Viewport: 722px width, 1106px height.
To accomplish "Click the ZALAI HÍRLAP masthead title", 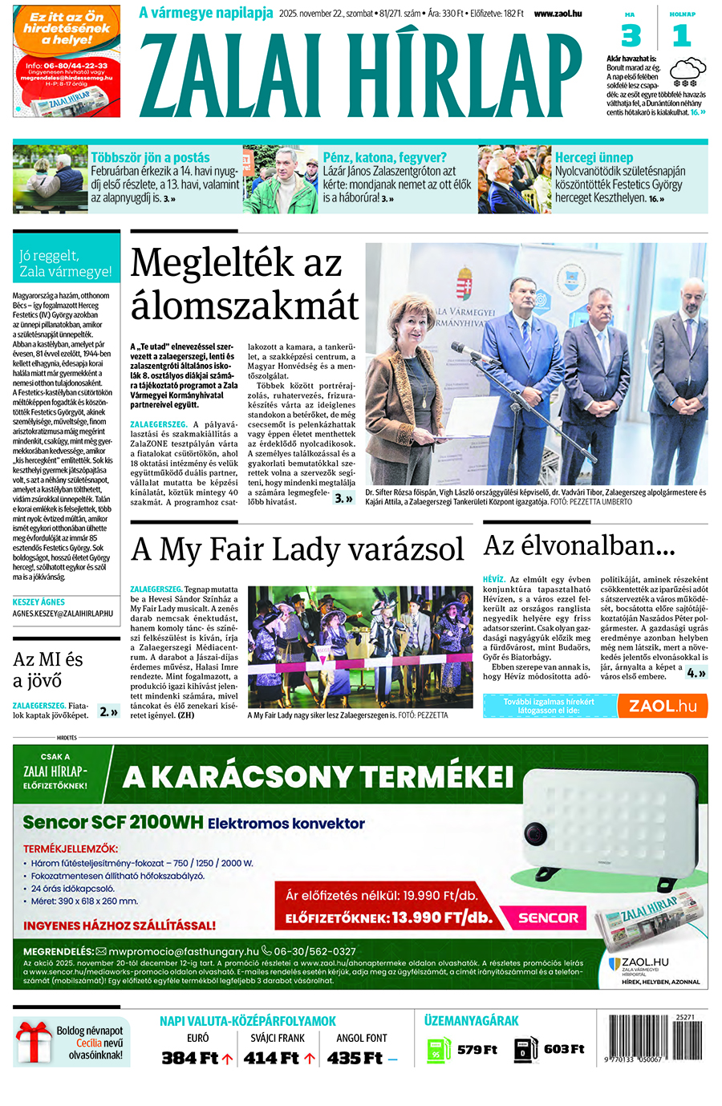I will pyautogui.click(x=361, y=76).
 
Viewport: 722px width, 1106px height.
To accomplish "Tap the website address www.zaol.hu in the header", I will pyautogui.click(x=558, y=14).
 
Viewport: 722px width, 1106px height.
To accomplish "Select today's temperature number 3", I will pyautogui.click(x=631, y=36).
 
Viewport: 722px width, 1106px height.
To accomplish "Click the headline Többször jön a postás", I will pyautogui.click(x=150, y=158).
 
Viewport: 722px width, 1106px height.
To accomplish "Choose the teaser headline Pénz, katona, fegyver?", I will pyautogui.click(x=384, y=158).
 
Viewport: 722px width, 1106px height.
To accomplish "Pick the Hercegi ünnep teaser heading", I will pyautogui.click(x=594, y=158).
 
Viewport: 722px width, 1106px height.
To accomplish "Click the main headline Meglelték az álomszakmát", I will pyautogui.click(x=244, y=284).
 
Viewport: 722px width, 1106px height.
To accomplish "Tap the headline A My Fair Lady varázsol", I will pyautogui.click(x=297, y=550).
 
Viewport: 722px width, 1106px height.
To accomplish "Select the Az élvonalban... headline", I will pyautogui.click(x=578, y=546).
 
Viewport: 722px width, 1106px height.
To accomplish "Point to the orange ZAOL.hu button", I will pyautogui.click(x=663, y=706).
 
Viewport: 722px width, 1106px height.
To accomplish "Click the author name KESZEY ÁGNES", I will pyautogui.click(x=39, y=602).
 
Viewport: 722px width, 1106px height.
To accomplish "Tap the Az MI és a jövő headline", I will pyautogui.click(x=48, y=670).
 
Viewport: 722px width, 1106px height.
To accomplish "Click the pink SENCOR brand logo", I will pyautogui.click(x=548, y=918).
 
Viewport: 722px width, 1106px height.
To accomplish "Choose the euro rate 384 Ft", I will pyautogui.click(x=190, y=1058).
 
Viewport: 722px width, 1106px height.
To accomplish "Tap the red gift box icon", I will pyautogui.click(x=33, y=1042).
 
